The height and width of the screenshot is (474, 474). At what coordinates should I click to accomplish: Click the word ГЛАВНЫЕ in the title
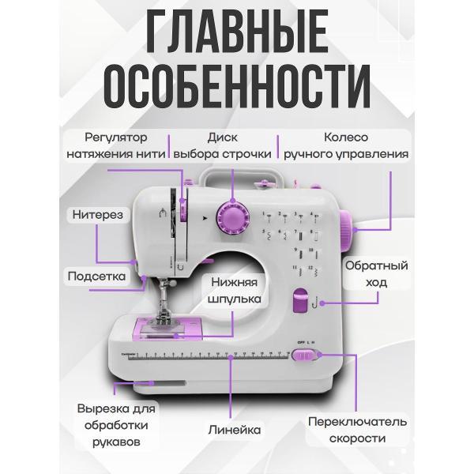pyautogui.click(x=237, y=36)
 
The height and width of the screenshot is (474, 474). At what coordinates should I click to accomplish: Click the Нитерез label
pyautogui.click(x=97, y=213)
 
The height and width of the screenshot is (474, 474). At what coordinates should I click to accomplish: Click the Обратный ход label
pyautogui.click(x=375, y=273)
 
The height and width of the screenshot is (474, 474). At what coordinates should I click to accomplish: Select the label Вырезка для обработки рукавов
pyautogui.click(x=116, y=423)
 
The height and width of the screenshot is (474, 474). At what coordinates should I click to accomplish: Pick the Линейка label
pyautogui.click(x=234, y=430)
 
